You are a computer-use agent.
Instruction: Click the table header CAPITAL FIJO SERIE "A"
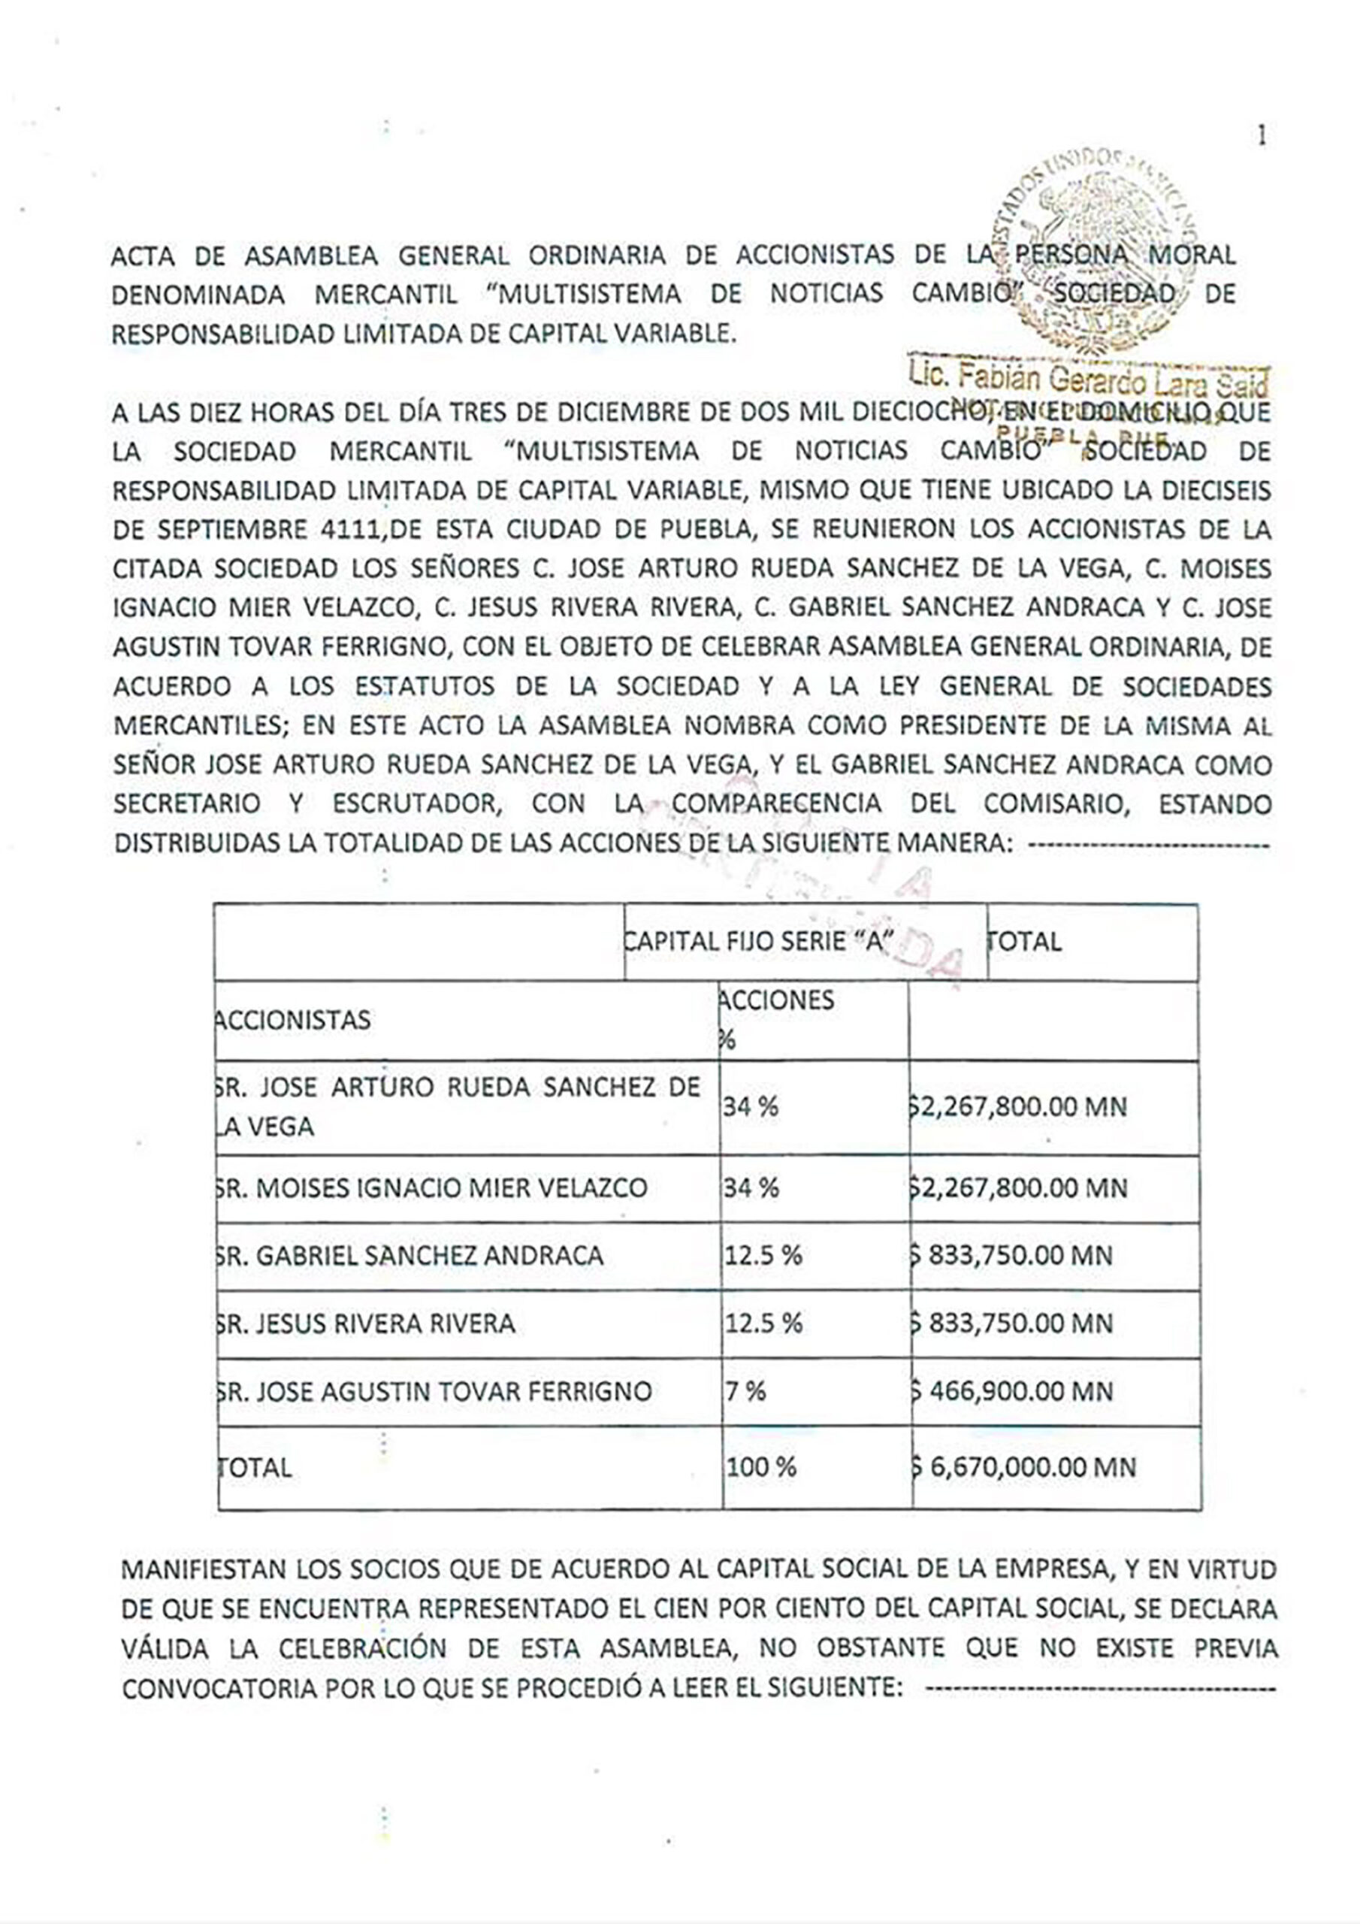pyautogui.click(x=758, y=942)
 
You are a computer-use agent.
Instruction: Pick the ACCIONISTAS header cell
pyautogui.click(x=292, y=1021)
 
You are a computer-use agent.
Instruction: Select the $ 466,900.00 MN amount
pyautogui.click(x=1023, y=1392)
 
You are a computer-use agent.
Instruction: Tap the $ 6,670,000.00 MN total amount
pyautogui.click(x=1023, y=1468)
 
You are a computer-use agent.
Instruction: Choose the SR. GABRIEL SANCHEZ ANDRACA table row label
pyautogui.click(x=410, y=1255)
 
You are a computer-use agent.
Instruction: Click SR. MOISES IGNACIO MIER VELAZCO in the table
pyautogui.click(x=431, y=1188)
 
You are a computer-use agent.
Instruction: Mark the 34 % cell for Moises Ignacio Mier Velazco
pyautogui.click(x=751, y=1188)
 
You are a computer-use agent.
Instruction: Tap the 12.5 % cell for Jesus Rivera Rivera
pyautogui.click(x=763, y=1324)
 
